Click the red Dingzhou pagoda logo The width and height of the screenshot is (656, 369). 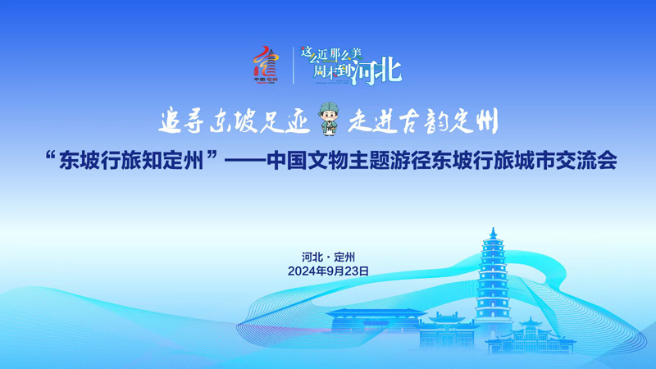coord(266,65)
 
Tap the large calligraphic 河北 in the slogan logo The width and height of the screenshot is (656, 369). coord(377,72)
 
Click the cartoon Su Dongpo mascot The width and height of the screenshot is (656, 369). coord(329,119)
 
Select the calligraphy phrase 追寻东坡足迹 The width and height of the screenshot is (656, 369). coord(235,121)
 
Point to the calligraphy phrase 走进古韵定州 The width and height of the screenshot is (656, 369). coord(423,121)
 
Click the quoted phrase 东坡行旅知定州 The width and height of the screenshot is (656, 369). coord(131,161)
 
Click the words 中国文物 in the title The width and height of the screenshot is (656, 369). coord(307,161)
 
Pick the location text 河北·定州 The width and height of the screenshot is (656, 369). coord(329,257)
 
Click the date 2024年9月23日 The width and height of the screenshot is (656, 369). coord(329,271)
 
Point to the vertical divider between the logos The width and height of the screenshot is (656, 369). coord(294,66)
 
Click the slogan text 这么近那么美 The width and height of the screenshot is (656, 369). coord(331,54)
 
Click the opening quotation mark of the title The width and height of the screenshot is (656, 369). coord(51,157)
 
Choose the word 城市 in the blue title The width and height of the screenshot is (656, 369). coord(535,161)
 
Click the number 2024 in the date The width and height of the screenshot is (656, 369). coord(302,271)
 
